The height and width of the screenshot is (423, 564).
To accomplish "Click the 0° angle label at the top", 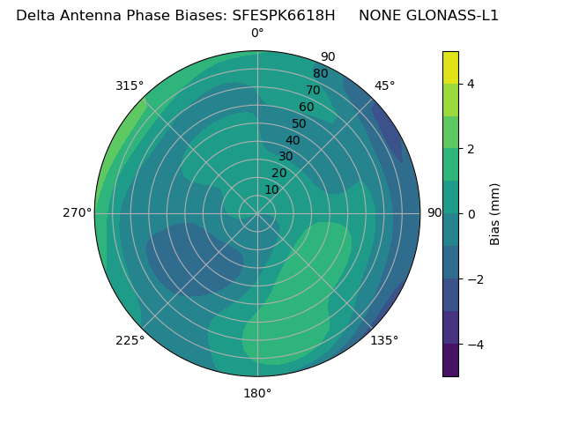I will [x=257, y=33].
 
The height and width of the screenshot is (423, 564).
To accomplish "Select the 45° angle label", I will [x=384, y=85].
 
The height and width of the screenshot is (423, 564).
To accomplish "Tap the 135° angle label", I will [x=384, y=340].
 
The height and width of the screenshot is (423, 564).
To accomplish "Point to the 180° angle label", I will [x=257, y=393].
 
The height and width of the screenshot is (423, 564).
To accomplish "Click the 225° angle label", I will [x=130, y=340].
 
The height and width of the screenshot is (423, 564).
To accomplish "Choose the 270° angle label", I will [x=78, y=213].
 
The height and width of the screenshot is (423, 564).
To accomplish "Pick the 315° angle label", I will [x=130, y=85].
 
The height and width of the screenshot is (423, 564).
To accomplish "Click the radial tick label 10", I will [x=271, y=189].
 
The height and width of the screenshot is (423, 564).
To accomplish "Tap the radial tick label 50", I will [x=299, y=124].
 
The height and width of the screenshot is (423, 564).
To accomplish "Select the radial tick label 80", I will [x=320, y=74].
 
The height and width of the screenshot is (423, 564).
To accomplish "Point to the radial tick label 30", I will [x=286, y=157].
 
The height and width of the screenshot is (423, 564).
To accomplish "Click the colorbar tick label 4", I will [x=471, y=84].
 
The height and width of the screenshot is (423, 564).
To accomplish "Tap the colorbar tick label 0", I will [x=471, y=214].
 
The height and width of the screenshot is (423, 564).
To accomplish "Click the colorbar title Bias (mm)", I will [x=495, y=214].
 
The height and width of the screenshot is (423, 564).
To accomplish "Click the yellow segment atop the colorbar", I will [x=450, y=67].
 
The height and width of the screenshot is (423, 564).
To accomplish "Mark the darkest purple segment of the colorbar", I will [x=450, y=360].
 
